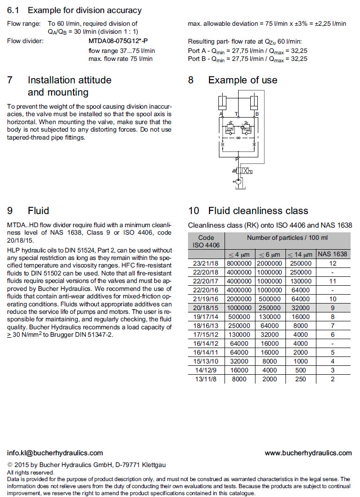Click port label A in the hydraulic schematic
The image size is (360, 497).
point(220,114)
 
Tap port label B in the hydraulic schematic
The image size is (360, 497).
point(257,114)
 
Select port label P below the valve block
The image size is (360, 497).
point(237,159)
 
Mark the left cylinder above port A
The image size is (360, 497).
point(223,101)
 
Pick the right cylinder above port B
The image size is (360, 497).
point(255,101)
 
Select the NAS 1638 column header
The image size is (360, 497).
point(332,254)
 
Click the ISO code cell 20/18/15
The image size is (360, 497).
point(207,307)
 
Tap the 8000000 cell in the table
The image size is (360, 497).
point(240,263)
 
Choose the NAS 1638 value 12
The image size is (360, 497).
point(332,263)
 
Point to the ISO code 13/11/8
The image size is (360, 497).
point(207,379)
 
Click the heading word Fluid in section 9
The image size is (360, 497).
point(38,211)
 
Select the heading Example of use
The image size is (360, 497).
point(242,80)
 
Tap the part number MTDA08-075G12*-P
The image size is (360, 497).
point(115,41)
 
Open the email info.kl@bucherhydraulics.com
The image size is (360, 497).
point(55,453)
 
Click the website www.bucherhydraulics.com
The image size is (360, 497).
point(308,453)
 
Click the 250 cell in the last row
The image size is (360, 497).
point(301,379)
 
